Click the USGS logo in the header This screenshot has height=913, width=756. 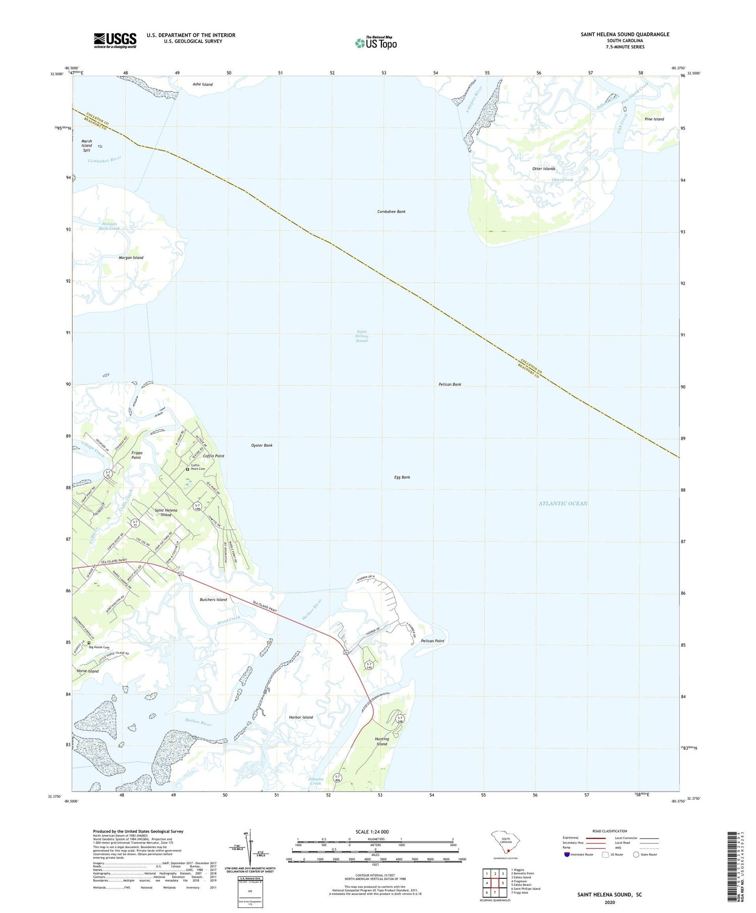tap(115, 40)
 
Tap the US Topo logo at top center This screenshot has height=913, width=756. tap(376, 43)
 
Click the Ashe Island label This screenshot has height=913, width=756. tap(203, 85)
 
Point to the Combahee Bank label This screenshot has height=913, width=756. tap(391, 212)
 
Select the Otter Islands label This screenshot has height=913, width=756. tap(544, 169)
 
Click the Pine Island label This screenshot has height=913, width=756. tap(654, 119)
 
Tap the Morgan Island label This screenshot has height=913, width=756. tap(131, 258)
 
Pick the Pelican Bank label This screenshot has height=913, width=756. tap(450, 384)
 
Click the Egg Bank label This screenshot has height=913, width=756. tap(402, 477)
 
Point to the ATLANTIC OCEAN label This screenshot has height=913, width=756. tap(563, 504)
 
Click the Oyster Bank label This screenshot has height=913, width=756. tap(262, 445)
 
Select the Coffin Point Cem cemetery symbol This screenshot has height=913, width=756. tap(187, 469)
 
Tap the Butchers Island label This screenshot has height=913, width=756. tap(214, 600)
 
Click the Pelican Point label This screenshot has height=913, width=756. tap(432, 641)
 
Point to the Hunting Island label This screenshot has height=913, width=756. tap(382, 741)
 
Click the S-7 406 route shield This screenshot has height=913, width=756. tap(337, 779)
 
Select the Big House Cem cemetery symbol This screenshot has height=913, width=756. tap(89, 643)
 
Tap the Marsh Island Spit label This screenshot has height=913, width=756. tap(87, 146)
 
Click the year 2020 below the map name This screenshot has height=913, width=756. tap(609, 902)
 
